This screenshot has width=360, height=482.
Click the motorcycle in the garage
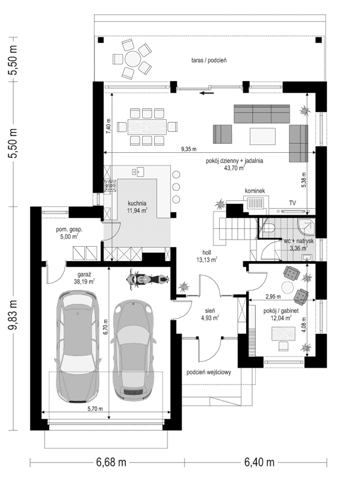tap(147, 279)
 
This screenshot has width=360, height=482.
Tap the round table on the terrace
tap(132, 58)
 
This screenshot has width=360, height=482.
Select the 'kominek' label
tap(255, 191)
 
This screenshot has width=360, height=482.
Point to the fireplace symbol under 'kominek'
tap(255, 204)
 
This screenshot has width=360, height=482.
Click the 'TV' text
tap(293, 203)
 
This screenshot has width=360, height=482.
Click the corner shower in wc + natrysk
tap(306, 227)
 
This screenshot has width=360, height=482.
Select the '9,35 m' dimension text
tap(189, 149)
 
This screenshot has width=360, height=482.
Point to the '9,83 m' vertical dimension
tap(13, 318)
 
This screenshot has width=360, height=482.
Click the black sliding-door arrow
tap(206, 93)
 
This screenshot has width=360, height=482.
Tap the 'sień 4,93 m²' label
tap(209, 315)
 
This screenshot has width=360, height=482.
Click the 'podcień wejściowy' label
tap(209, 372)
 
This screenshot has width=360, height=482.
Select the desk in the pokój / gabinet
tap(283, 334)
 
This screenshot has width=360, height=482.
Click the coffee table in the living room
tap(262, 136)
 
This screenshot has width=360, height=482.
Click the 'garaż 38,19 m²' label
tap(84, 277)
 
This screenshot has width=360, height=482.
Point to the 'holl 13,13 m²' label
tap(206, 256)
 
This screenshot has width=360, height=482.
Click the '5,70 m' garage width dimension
tap(95, 409)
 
